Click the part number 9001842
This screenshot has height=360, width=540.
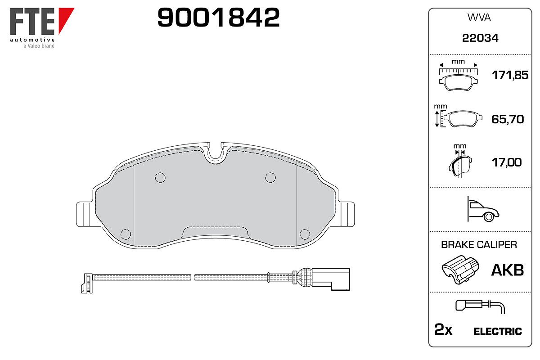point(218,18)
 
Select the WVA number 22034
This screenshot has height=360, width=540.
point(480,38)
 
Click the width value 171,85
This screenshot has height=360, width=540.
point(510,75)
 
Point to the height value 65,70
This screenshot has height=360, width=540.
point(508,119)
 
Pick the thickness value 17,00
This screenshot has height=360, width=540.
point(507,162)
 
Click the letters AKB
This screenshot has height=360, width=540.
point(508,270)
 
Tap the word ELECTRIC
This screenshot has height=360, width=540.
point(498,331)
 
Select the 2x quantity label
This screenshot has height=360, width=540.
point(443,329)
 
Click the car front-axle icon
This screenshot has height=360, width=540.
point(483,209)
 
